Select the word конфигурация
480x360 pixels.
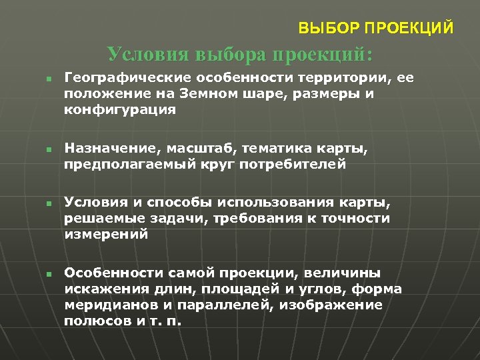(120, 110)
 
